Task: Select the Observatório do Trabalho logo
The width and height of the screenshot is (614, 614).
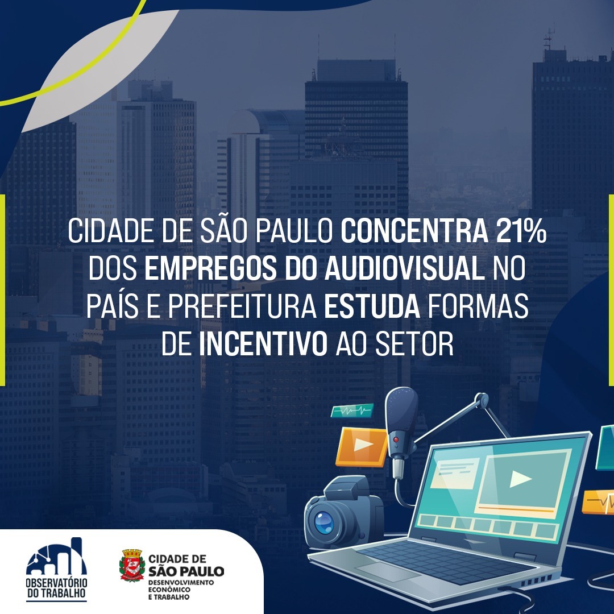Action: [56, 569]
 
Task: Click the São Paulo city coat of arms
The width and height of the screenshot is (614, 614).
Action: [132, 565]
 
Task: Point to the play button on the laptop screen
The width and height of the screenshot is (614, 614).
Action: [520, 479]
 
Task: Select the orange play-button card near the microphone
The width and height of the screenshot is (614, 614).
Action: [362, 447]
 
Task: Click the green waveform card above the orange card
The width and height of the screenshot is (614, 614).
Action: [351, 410]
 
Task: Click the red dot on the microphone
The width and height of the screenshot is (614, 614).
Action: [396, 439]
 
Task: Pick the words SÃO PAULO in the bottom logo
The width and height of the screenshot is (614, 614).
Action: [186, 571]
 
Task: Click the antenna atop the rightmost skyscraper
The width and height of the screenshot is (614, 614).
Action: [549, 38]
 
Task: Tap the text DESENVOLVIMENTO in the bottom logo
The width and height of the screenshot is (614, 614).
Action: [181, 583]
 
